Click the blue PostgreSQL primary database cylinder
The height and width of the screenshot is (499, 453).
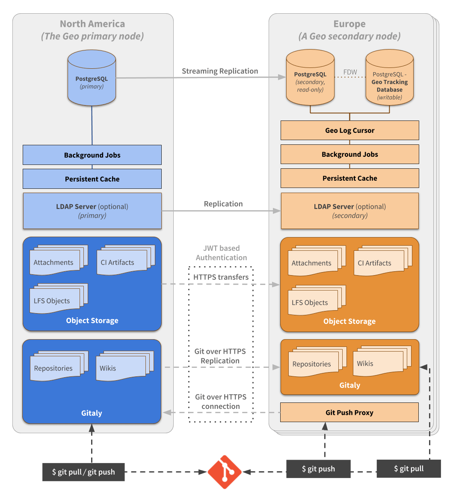(92, 78)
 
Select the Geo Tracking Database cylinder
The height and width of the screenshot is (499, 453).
(390, 77)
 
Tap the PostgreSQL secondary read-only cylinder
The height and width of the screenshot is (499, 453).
(310, 77)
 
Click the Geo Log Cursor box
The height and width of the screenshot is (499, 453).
(350, 130)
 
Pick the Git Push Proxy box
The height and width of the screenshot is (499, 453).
(349, 412)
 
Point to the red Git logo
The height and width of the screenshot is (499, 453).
(225, 472)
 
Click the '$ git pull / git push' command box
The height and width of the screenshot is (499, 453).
(83, 472)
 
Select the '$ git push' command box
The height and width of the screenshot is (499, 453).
(319, 469)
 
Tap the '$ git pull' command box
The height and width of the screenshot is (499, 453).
(409, 468)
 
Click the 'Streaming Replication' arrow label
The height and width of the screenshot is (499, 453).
(220, 71)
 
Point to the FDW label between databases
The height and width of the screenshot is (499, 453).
(350, 72)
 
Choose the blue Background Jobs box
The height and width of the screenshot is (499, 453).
(92, 155)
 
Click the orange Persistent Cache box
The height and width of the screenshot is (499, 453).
(350, 178)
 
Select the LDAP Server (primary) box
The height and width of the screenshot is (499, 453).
(92, 211)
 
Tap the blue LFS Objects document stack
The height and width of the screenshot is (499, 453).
(59, 299)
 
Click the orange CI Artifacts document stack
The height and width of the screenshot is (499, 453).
(383, 261)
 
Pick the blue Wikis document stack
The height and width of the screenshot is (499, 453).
(125, 366)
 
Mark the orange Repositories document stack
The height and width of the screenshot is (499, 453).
(317, 362)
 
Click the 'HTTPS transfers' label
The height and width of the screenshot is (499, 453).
(221, 277)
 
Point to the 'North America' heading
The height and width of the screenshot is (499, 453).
(92, 24)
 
